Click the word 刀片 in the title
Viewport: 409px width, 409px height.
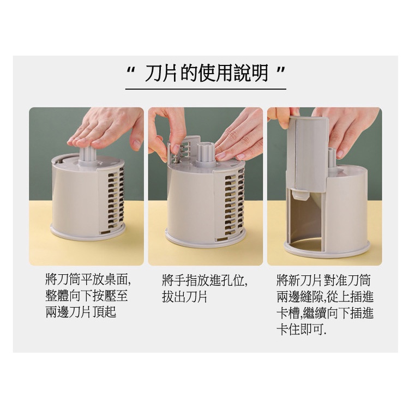click(x=161, y=73)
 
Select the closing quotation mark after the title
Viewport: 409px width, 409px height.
click(x=281, y=70)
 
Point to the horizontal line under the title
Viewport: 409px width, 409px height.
click(x=206, y=89)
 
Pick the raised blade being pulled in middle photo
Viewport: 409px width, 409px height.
click(x=179, y=150)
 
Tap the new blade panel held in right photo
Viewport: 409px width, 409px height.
click(x=308, y=154)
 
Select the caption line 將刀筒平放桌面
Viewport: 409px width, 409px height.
click(x=88, y=280)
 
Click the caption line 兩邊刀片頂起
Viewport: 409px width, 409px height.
click(x=81, y=312)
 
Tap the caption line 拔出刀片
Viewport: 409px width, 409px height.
click(x=184, y=296)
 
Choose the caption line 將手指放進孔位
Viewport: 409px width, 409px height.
click(x=204, y=280)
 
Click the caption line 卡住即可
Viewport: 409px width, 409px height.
click(x=301, y=329)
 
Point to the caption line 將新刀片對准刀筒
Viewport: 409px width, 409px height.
click(x=323, y=280)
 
